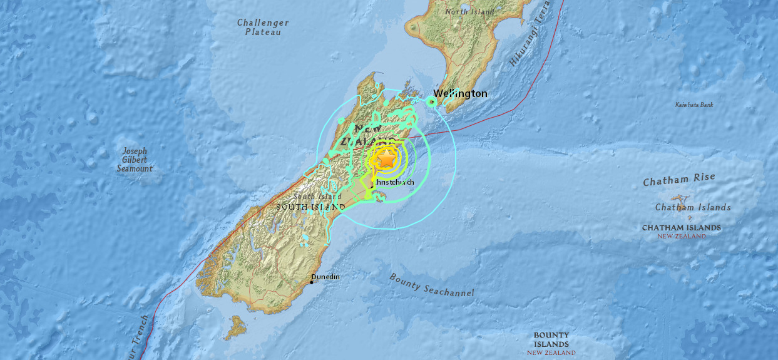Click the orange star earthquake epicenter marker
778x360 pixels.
387,159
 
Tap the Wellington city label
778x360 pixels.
460,94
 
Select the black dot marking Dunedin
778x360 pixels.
312,282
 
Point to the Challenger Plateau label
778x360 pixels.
263,27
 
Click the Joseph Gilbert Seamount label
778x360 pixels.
135,160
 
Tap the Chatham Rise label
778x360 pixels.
679,180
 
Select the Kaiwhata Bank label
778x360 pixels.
694,105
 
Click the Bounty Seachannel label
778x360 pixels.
431,285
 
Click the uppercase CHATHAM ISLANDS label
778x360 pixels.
681,228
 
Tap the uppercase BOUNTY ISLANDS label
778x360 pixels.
551,340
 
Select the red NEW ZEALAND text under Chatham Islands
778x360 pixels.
681,236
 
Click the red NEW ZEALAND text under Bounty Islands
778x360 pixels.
551,353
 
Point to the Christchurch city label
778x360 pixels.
395,182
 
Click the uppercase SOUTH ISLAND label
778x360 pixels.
310,207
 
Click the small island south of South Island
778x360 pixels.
236,326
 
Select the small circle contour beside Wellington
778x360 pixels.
432,101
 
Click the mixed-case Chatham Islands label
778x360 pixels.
693,207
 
